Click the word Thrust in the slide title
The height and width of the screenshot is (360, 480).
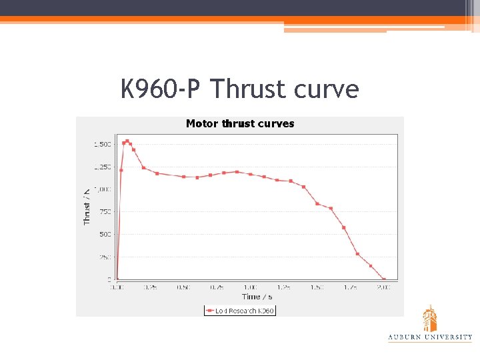[253, 89]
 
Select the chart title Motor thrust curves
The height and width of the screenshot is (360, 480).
[240, 123]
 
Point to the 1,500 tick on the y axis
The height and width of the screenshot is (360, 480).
[102, 144]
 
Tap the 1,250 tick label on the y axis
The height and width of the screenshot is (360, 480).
[102, 167]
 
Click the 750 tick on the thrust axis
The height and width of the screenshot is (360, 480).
[105, 211]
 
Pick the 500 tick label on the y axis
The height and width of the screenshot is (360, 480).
[105, 234]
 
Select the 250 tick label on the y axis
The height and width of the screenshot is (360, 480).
[105, 257]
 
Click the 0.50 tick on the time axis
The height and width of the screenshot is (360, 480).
[183, 287]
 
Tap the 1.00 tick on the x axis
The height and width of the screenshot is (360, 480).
[250, 287]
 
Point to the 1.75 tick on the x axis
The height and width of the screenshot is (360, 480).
[350, 287]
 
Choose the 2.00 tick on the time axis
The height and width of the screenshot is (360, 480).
[383, 287]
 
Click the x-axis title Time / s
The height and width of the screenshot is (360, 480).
[257, 297]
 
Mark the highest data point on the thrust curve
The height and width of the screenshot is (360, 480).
[127, 141]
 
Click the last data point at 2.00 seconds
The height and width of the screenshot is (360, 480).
[383, 279]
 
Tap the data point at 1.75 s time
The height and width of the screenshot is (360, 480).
[357, 254]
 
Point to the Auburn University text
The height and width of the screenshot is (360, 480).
[430, 337]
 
